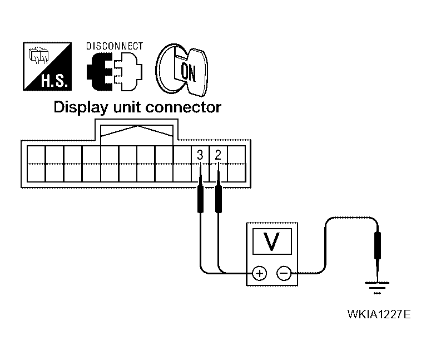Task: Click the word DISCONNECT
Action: tap(115, 47)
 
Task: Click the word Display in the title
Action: tap(81, 107)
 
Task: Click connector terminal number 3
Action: tap(200, 155)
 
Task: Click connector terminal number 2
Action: tap(218, 155)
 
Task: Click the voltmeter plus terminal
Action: tap(259, 273)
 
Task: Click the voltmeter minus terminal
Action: tap(283, 273)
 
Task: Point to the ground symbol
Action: tap(377, 287)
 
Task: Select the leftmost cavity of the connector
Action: tap(36, 164)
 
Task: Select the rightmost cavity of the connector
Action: tap(236, 164)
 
